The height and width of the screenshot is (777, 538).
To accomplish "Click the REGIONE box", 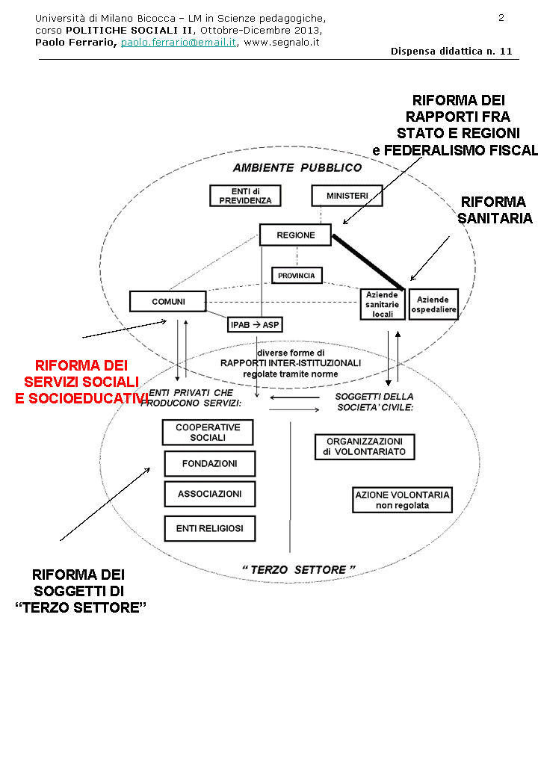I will pyautogui.click(x=295, y=235).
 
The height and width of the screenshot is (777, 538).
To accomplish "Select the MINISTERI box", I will pyautogui.click(x=347, y=196).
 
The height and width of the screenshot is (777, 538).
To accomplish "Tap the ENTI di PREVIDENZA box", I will pyautogui.click(x=245, y=196).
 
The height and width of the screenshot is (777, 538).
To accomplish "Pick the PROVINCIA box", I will pyautogui.click(x=297, y=276).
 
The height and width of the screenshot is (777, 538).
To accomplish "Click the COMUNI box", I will pyautogui.click(x=168, y=301).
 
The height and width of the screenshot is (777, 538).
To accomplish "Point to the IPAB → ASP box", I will pyautogui.click(x=255, y=324).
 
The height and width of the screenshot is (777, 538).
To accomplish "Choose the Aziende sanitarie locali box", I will pyautogui.click(x=383, y=305).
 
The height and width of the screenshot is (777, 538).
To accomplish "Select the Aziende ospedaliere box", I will pyautogui.click(x=433, y=304).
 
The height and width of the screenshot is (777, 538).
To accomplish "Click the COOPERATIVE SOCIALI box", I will pyautogui.click(x=208, y=433).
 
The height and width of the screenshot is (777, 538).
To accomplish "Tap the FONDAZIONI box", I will pyautogui.click(x=209, y=464).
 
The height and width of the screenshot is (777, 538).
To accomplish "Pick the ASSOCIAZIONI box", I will pyautogui.click(x=209, y=494).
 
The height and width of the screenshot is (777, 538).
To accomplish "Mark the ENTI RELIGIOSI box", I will pyautogui.click(x=209, y=529).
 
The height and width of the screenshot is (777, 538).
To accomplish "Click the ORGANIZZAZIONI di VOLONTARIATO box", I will pyautogui.click(x=365, y=447).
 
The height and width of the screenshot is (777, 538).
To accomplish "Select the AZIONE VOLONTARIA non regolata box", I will pyautogui.click(x=402, y=500).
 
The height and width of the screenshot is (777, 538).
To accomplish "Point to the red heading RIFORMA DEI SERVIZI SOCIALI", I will pyautogui.click(x=81, y=382).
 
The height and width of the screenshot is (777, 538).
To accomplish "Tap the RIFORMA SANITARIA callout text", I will pyautogui.click(x=495, y=210).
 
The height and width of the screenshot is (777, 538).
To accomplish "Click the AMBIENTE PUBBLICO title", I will pyautogui.click(x=297, y=167).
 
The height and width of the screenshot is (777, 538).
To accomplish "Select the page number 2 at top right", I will pyautogui.click(x=501, y=17).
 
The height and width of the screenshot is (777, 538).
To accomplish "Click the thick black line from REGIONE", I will pyautogui.click(x=369, y=261).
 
